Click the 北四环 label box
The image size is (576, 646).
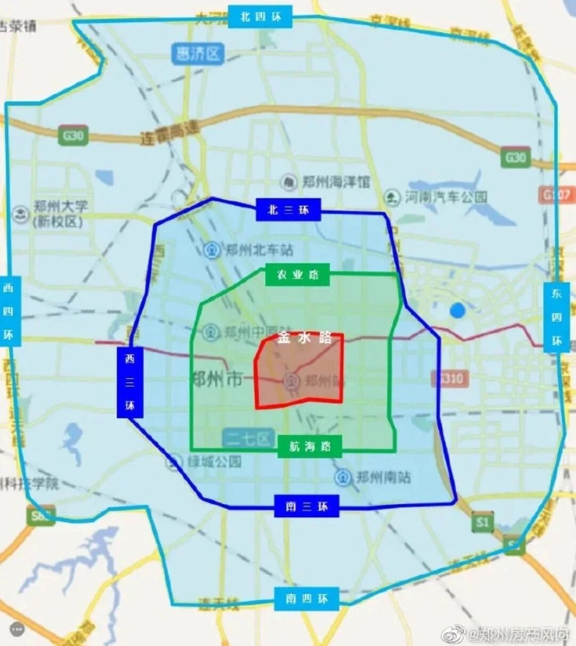tap(260, 17)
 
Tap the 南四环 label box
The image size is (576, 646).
tap(307, 599)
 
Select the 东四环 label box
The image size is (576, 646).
tap(556, 317)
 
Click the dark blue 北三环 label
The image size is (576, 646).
tap(289, 210)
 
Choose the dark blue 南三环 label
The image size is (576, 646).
tap(307, 506)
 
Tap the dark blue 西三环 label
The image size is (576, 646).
tap(130, 383)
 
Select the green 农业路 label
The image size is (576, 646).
tap(298, 275)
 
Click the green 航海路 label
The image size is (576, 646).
tap(310, 447)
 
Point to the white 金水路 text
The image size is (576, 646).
tap(304, 339)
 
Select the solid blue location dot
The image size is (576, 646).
tap(457, 310)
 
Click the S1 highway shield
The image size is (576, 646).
tap(482, 521)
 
